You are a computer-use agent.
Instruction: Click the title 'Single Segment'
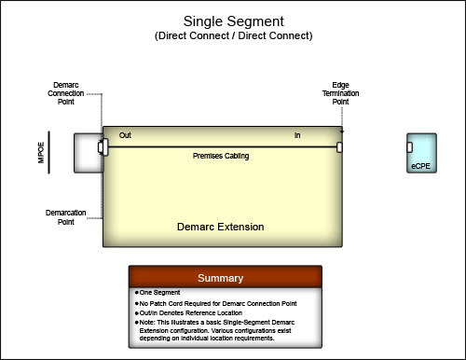coord(234,21)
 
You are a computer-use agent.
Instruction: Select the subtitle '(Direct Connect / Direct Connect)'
coord(234,35)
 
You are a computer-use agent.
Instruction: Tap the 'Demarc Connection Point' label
coord(66,93)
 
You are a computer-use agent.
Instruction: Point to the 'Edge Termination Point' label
coord(340,93)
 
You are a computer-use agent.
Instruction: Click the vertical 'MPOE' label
coord(41,152)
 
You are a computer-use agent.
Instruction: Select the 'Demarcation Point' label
coord(66,217)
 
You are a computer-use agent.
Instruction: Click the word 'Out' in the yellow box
coord(125,135)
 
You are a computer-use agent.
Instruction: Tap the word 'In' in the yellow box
coord(297,135)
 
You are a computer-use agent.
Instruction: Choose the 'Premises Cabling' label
coord(221,156)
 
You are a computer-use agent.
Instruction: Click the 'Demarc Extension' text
coord(221,227)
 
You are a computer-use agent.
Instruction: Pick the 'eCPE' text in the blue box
coord(421,166)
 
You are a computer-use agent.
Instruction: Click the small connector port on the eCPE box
coord(410,147)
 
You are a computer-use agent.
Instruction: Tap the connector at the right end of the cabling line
coord(339,147)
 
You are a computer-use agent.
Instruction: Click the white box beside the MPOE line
coord(88,153)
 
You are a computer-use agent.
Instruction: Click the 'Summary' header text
coord(221,278)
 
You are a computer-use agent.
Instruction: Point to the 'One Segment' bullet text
coord(159,293)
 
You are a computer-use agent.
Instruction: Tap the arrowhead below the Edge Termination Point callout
coord(342,132)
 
